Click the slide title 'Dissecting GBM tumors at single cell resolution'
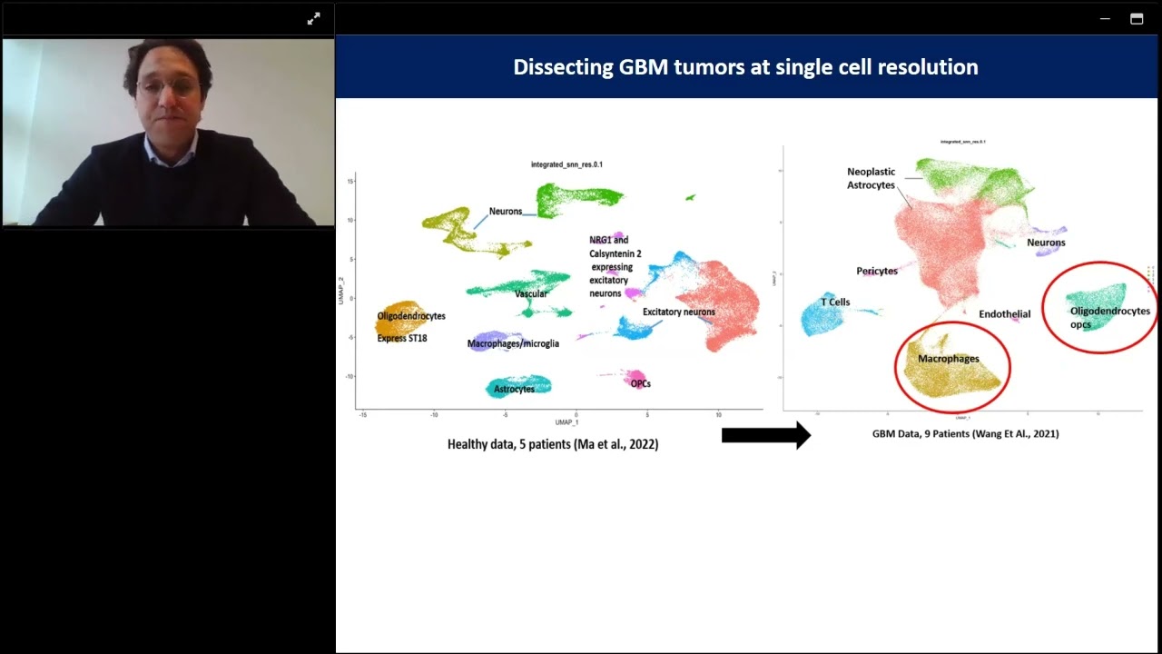[x=745, y=67]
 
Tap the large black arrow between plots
[x=765, y=435]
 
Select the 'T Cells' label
[x=835, y=302]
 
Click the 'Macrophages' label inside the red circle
[x=948, y=359]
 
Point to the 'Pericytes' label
[x=876, y=271]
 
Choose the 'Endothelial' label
[x=1004, y=314]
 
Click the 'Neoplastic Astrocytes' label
[x=871, y=178]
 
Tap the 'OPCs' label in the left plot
[x=640, y=383]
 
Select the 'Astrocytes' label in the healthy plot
[x=514, y=390]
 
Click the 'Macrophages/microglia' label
[x=513, y=343]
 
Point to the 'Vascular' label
[x=531, y=294]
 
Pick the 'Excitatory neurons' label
[x=678, y=312]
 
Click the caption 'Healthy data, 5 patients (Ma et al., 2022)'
[x=553, y=444]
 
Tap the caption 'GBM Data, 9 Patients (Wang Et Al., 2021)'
[x=965, y=434]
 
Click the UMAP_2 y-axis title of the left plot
[x=342, y=291]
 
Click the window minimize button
[x=1105, y=19]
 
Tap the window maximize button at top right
[x=1137, y=19]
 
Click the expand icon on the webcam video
[x=313, y=18]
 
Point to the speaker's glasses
[x=168, y=88]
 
